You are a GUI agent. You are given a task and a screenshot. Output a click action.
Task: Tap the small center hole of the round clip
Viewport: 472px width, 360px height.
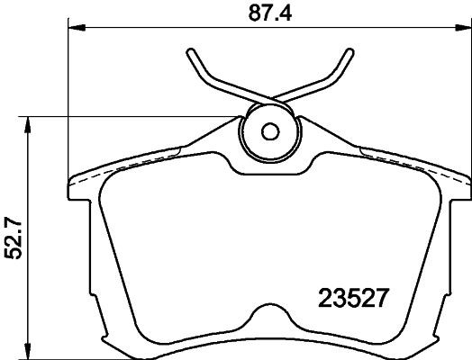click(x=268, y=130)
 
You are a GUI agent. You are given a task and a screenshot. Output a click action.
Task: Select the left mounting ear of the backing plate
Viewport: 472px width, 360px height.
click(x=81, y=184)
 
